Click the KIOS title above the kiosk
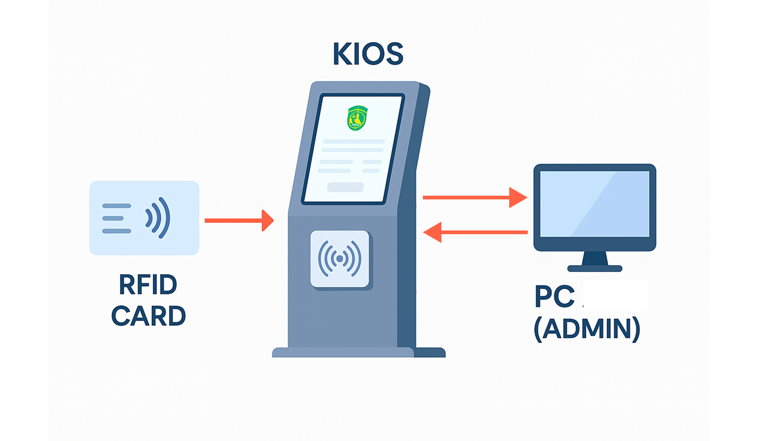pyautogui.click(x=368, y=54)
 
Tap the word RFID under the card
pyautogui.click(x=148, y=285)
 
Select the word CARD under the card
pyautogui.click(x=148, y=316)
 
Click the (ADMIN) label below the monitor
pyautogui.click(x=587, y=329)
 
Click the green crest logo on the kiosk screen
pyautogui.click(x=357, y=118)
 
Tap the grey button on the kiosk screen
pyautogui.click(x=345, y=187)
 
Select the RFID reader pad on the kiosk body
pyautogui.click(x=340, y=259)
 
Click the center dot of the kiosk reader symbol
pyautogui.click(x=340, y=258)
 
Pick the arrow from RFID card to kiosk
pyautogui.click(x=239, y=220)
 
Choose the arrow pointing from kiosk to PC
pyautogui.click(x=474, y=198)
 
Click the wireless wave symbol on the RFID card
pyautogui.click(x=158, y=217)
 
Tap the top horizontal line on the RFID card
pyautogui.click(x=117, y=205)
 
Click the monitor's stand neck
pyautogui.click(x=595, y=258)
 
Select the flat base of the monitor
pyautogui.click(x=595, y=268)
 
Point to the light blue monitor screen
pyautogui.click(x=595, y=204)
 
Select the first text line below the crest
pyautogui.click(x=354, y=141)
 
